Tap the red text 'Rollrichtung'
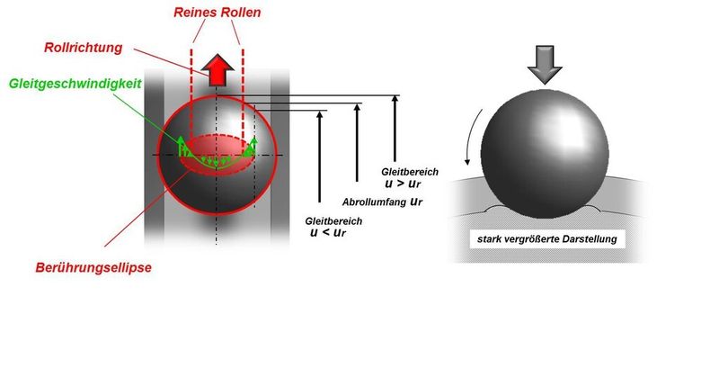coord(84,48)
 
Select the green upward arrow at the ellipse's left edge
coord(180,145)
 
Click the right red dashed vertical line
coord(242,99)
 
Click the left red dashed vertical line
coord(191,99)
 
